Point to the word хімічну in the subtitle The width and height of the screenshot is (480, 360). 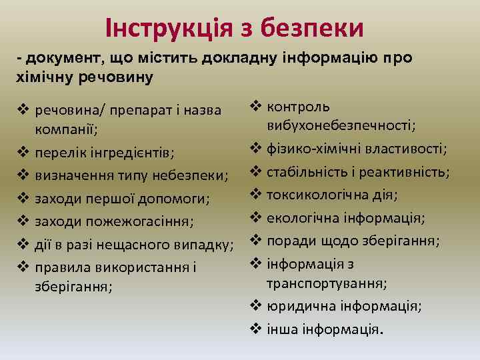(44, 77)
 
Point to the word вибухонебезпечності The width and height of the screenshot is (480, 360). (342, 126)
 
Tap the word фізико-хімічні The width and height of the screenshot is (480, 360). (311, 149)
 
